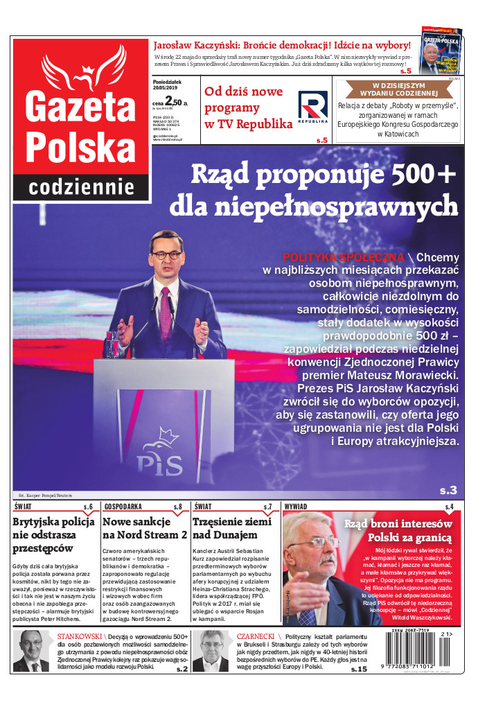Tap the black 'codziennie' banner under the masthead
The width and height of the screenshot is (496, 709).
pyautogui.click(x=82, y=187)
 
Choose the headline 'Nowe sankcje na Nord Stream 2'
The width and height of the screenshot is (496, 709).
pyautogui.click(x=145, y=528)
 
